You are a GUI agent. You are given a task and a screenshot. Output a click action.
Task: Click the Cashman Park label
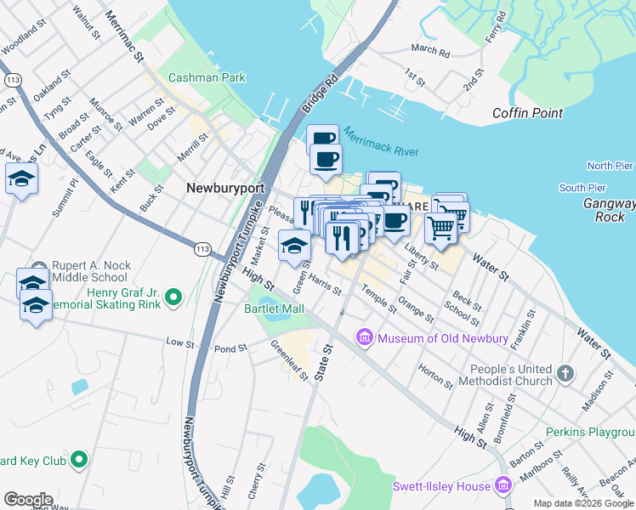[207, 77]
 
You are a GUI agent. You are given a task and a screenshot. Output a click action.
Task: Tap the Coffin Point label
[527, 113]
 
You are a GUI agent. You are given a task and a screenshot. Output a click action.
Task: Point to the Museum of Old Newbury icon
[366, 338]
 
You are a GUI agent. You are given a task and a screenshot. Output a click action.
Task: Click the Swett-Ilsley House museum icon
[503, 486]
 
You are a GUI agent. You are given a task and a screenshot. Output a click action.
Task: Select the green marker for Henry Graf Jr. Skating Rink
[173, 297]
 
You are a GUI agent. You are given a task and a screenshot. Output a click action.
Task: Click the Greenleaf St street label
[289, 360]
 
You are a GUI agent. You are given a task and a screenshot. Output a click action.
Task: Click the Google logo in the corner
[28, 500]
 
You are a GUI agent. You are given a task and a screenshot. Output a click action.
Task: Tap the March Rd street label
[430, 51]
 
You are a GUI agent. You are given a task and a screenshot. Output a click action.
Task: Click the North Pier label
[610, 166]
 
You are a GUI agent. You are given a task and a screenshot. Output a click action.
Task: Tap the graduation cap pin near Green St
[294, 246]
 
